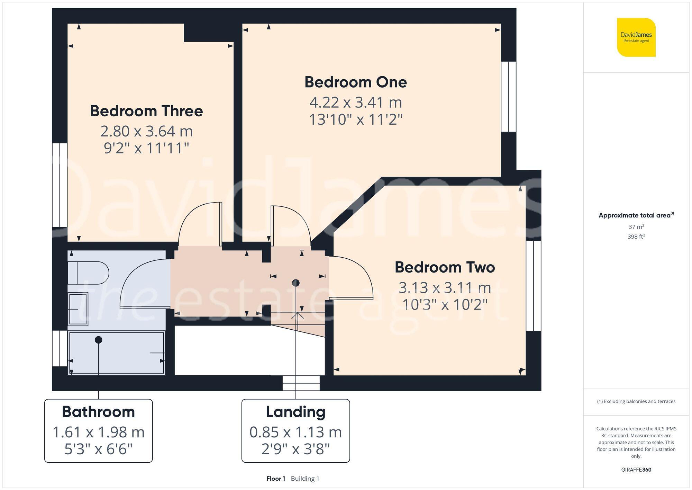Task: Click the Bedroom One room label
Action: (355, 82)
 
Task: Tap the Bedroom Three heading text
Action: (146, 111)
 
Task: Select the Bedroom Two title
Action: (445, 267)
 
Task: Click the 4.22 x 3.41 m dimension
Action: (355, 103)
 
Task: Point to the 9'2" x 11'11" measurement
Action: (146, 148)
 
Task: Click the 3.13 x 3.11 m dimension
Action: (445, 288)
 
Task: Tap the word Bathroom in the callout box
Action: (98, 412)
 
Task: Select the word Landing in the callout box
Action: (295, 412)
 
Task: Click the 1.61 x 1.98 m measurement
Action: (98, 432)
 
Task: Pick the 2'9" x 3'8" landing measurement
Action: (295, 449)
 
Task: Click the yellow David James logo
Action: (636, 37)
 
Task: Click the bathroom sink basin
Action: (78, 309)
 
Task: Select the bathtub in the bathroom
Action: (116, 353)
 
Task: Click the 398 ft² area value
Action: (636, 237)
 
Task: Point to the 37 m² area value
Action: (636, 227)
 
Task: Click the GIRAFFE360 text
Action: (636, 470)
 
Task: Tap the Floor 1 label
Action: (276, 479)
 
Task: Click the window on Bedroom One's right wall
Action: (508, 97)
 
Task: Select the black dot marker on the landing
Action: (295, 283)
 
